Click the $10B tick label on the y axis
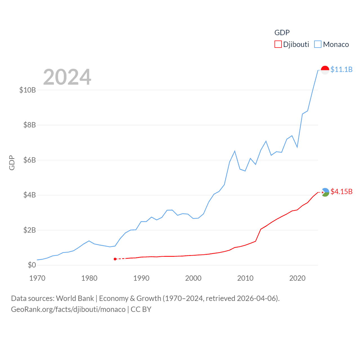click(x=28, y=90)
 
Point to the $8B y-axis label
click(x=30, y=125)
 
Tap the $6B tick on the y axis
click(x=30, y=160)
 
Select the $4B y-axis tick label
click(x=30, y=195)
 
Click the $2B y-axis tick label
click(x=30, y=230)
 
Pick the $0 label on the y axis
click(x=32, y=265)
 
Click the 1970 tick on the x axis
click(x=37, y=278)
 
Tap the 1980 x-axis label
click(x=89, y=278)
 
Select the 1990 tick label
click(x=141, y=278)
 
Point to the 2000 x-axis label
click(x=193, y=278)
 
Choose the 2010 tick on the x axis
click(x=245, y=278)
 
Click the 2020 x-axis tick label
click(x=297, y=278)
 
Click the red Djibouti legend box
click(x=278, y=44)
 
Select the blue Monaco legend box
click(x=318, y=44)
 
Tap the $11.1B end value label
click(x=341, y=69)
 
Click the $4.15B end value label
click(x=341, y=192)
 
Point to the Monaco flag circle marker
click(x=325, y=70)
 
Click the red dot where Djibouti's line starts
click(x=115, y=259)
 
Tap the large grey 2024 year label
click(x=67, y=77)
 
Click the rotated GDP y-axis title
click(x=12, y=163)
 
